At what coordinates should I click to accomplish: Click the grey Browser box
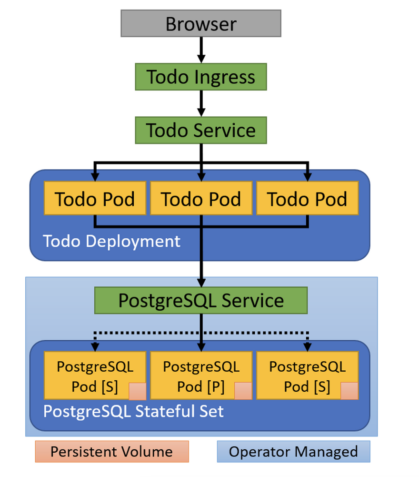201,23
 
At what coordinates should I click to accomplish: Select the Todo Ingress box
201,77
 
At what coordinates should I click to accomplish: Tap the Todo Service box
201,130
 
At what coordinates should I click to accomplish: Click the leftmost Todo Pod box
95,198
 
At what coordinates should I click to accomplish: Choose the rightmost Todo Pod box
307,198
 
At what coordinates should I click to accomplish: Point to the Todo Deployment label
112,241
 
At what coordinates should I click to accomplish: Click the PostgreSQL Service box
201,300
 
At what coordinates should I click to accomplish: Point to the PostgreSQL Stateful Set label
133,411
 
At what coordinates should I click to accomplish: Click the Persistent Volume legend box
112,451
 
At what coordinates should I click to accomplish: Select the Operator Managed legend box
293,451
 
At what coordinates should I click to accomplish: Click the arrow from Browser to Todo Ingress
201,50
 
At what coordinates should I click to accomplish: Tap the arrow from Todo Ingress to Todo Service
201,103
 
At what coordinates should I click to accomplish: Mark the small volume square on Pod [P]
243,390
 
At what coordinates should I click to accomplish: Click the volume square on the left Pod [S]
137,390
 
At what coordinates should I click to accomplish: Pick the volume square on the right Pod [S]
349,390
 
